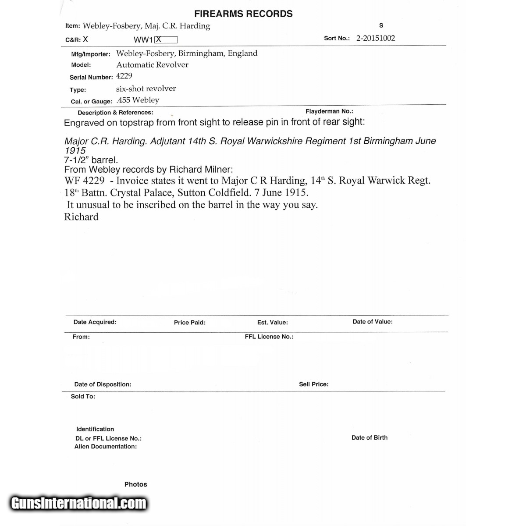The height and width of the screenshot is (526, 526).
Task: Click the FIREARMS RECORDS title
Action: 243,14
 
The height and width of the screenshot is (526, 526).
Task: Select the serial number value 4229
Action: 124,76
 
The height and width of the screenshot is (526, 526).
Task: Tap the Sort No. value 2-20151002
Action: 376,38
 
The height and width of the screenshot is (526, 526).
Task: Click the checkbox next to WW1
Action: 166,39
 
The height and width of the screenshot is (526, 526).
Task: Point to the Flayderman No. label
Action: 329,111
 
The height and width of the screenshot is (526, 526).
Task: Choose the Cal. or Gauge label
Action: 92,101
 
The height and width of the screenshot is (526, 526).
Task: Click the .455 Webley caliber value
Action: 138,100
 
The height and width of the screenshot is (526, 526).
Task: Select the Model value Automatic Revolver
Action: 152,64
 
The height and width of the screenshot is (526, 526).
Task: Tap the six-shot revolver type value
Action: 146,89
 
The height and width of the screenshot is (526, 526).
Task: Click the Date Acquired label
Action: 95,322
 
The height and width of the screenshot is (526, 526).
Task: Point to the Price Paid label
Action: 189,322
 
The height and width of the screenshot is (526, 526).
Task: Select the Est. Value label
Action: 273,322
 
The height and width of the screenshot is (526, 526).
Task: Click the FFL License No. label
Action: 269,337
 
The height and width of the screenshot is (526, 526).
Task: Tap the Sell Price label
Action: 314,384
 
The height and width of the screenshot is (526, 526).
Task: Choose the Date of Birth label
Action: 370,437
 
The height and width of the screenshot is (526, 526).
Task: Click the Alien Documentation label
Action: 106,446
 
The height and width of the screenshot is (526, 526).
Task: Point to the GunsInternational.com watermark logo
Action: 79,503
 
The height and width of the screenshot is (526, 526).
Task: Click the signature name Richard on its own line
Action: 82,217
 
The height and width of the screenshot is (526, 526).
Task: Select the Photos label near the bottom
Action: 136,484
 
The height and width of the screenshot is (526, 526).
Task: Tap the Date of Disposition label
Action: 103,384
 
